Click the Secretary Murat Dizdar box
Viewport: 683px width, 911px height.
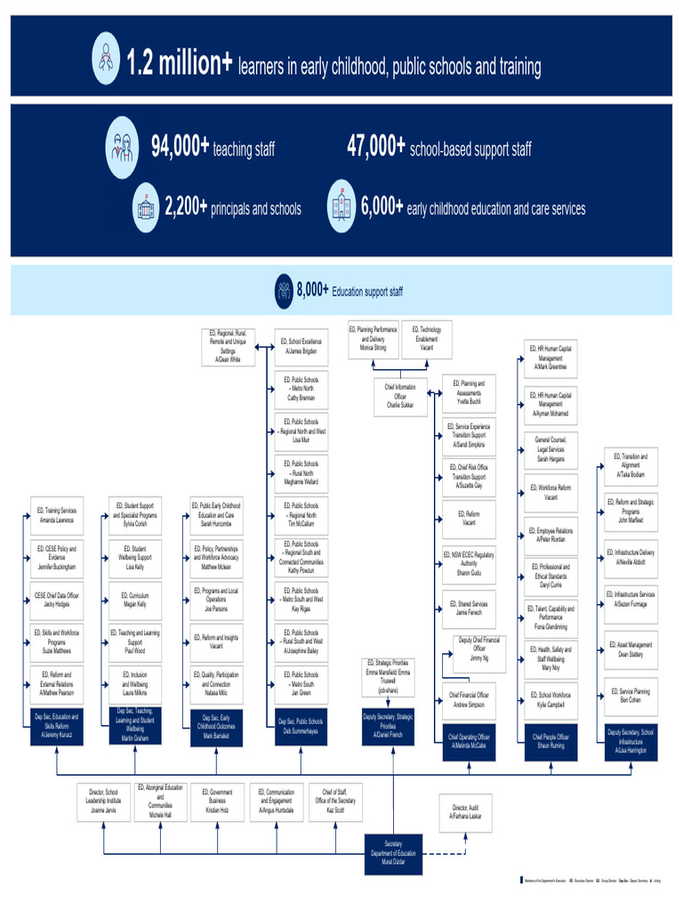point(392,853)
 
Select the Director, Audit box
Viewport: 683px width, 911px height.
point(466,811)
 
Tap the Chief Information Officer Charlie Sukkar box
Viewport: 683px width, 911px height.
point(399,395)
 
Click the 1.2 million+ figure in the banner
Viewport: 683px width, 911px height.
point(179,64)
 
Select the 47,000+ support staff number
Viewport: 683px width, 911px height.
point(375,148)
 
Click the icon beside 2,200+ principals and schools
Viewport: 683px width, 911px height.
point(145,207)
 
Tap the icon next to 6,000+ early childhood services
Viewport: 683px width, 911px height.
point(341,207)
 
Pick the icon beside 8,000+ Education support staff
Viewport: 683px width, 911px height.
point(284,290)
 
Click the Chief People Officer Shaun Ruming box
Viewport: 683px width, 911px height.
point(549,741)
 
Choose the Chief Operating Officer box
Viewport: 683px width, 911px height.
point(469,741)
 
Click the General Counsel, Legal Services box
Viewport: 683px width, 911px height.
point(550,449)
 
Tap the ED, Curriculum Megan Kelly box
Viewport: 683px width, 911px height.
point(134,599)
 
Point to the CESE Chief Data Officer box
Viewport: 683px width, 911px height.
point(56,599)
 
